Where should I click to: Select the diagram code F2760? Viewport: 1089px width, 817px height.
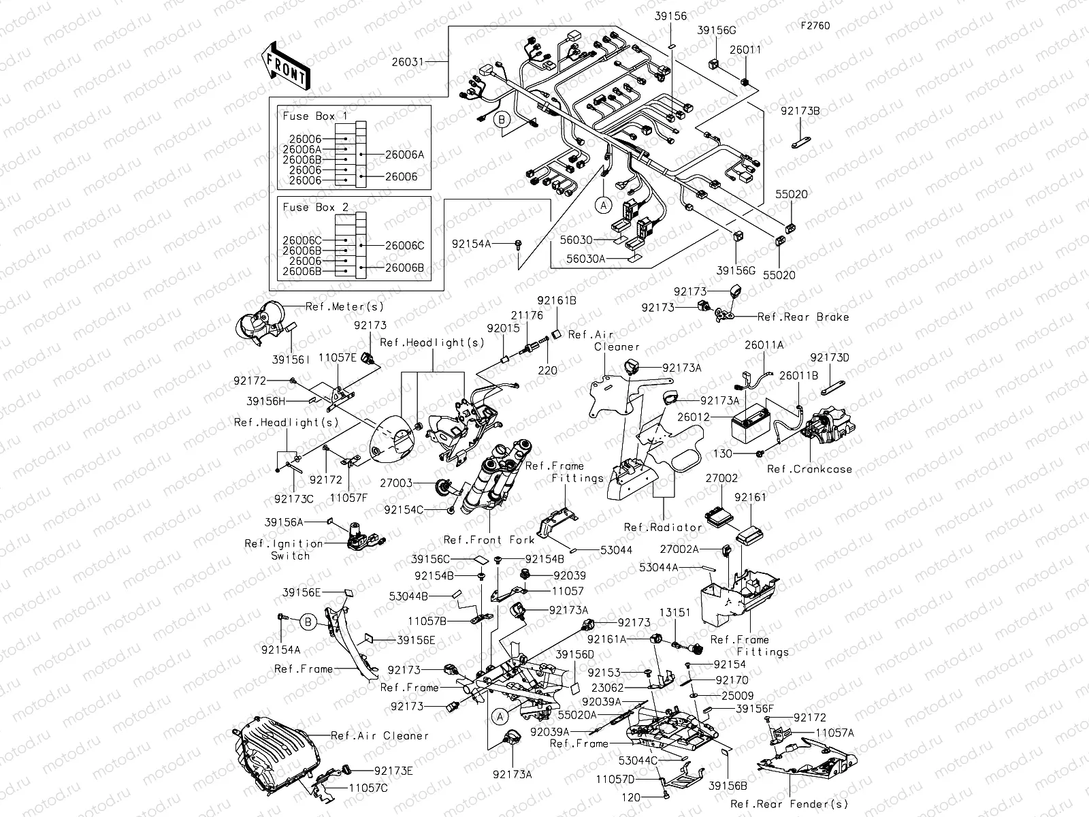[815, 27]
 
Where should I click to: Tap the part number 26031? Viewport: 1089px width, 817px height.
[407, 62]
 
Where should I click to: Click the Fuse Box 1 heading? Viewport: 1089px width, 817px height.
[314, 116]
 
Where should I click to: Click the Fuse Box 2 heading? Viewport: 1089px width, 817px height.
[315, 208]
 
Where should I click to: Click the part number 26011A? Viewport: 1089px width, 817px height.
[764, 345]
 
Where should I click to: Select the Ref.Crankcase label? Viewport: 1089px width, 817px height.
[809, 469]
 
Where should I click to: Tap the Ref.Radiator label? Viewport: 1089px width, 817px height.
[663, 527]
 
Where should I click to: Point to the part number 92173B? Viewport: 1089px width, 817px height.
[800, 110]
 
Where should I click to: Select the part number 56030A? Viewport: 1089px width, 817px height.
[585, 259]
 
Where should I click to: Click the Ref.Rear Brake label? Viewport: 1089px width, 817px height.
[803, 317]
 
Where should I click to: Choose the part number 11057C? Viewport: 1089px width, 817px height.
[368, 788]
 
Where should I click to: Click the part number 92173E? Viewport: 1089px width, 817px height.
[393, 771]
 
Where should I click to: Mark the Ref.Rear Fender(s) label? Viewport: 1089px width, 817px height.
[790, 804]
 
